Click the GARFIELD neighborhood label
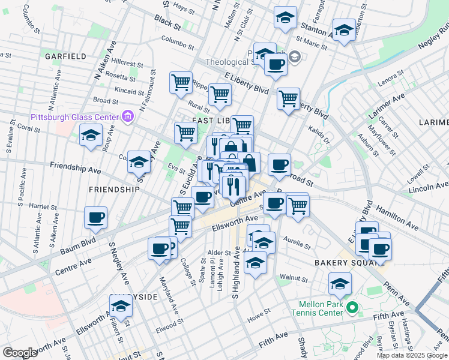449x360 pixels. click(x=65, y=56)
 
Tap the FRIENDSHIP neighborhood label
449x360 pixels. click(x=114, y=189)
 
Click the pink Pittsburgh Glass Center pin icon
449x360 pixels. click(x=127, y=116)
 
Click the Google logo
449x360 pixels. click(x=20, y=352)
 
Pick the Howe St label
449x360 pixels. click(x=259, y=314)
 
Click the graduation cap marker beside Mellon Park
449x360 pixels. click(x=340, y=284)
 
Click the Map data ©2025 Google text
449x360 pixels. click(x=411, y=355)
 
